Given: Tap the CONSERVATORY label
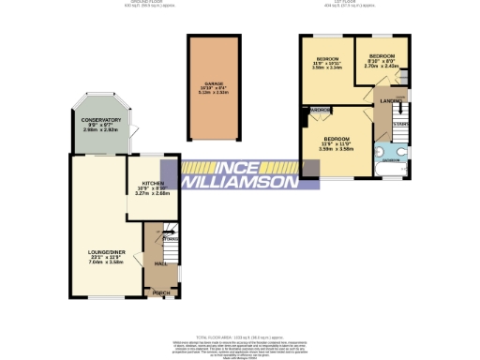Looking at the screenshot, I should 100,120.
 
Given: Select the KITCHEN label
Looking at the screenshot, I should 152,183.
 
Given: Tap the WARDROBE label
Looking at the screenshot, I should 320,111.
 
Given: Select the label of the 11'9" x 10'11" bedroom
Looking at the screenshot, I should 326,62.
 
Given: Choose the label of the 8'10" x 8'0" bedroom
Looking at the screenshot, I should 382,56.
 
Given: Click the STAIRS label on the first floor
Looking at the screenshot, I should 400,123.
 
